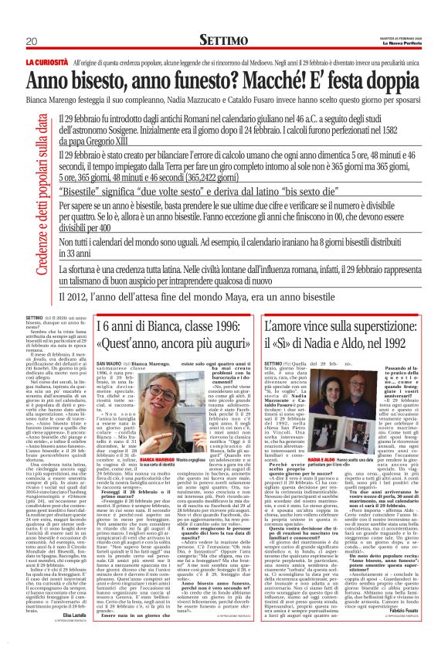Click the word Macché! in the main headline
coord(255,80)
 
